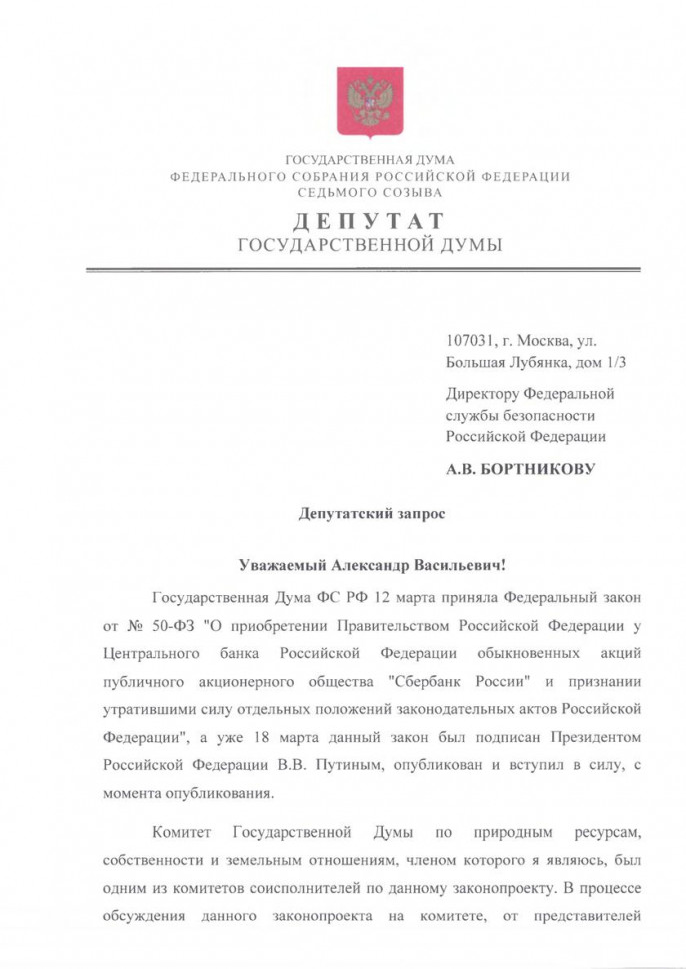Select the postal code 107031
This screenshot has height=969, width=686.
click(472, 343)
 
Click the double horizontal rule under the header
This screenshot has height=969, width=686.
click(362, 270)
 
